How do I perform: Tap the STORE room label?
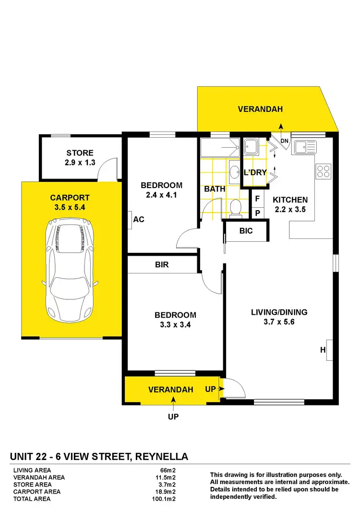tap(80, 154)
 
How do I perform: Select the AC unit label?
tap(139, 219)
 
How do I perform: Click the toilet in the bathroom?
tap(235, 208)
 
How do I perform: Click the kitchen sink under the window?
tap(304, 146)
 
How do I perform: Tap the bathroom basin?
tap(235, 172)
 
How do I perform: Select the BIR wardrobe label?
tap(162, 264)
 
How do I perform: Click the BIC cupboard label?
tap(246, 231)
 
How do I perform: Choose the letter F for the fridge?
tap(257, 198)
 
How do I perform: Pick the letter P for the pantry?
tap(257, 213)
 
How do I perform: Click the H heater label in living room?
tap(323, 351)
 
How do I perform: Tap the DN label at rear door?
tap(284, 141)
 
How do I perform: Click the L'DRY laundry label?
tap(255, 172)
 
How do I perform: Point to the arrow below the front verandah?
tap(173, 402)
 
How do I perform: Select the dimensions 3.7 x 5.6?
tap(279, 322)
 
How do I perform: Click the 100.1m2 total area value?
tap(162, 498)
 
